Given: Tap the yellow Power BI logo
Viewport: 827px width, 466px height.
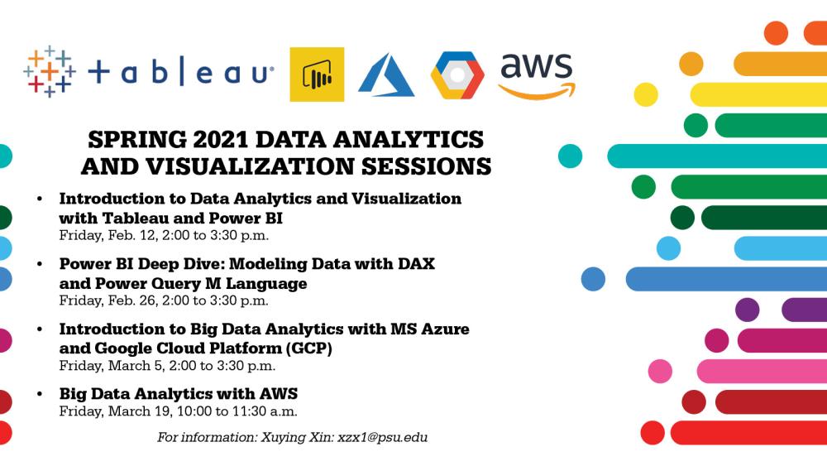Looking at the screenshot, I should tap(317, 74).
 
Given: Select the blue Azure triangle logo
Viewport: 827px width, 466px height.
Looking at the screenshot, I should tap(385, 74).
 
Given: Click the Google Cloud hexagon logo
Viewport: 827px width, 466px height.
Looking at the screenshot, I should tap(457, 75).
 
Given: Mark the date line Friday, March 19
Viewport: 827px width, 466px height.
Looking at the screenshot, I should tap(178, 411).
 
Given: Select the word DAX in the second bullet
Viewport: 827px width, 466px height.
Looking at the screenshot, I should tap(412, 265).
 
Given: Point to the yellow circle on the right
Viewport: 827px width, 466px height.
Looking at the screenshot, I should tap(646, 94).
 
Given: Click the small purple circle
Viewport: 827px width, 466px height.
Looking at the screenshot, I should tap(748, 310).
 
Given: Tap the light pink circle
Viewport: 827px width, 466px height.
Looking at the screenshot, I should tap(660, 371).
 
